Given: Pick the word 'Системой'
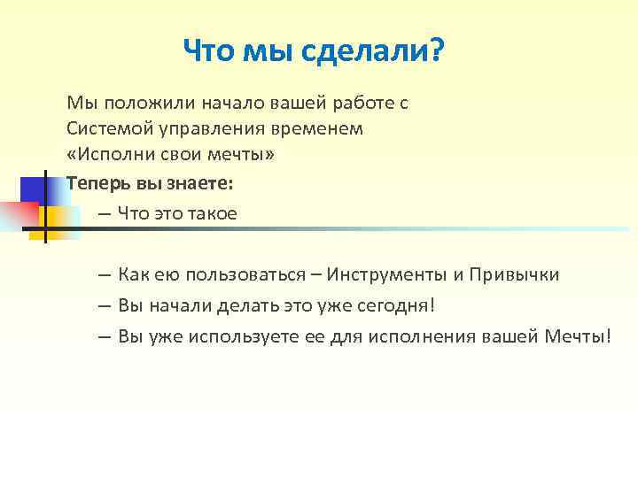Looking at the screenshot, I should [102, 128].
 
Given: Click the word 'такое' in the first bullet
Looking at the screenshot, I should [212, 213].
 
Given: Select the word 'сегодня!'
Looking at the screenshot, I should [393, 305].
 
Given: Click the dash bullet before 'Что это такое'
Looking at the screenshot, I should [105, 214].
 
